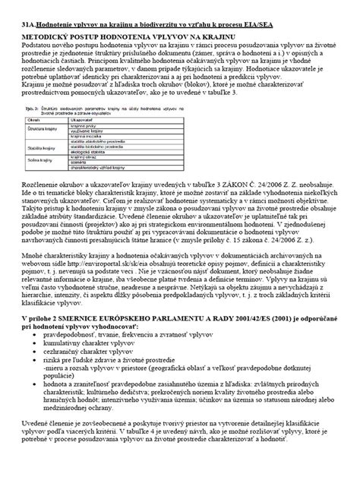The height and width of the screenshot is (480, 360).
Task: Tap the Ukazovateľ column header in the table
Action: pyautogui.click(x=81, y=120)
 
